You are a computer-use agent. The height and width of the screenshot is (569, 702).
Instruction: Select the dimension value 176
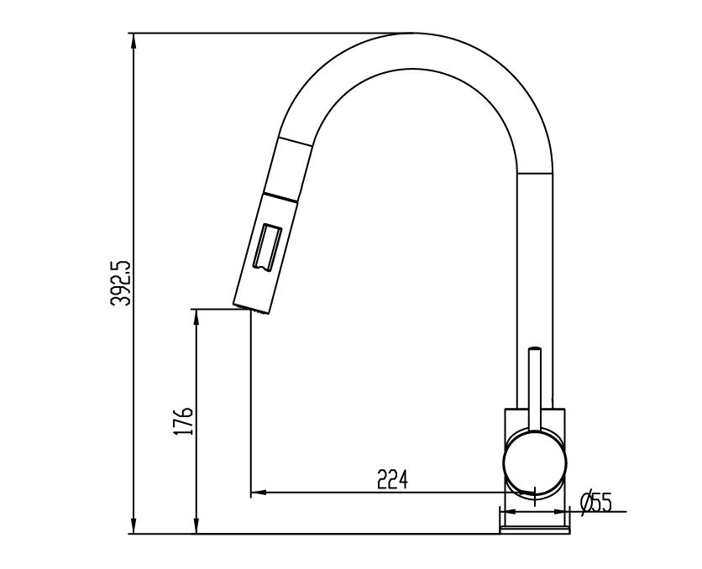(187, 421)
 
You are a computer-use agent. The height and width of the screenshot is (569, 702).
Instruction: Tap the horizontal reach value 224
(392, 479)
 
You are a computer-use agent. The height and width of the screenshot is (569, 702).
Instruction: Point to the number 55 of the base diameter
(600, 503)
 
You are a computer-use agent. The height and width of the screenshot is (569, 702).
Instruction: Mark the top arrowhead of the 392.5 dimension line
(134, 39)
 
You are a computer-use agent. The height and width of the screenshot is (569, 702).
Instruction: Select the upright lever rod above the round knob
(535, 382)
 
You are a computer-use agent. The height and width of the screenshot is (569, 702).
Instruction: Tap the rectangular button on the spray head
(266, 247)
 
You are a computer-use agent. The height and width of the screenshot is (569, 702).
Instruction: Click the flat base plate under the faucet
(535, 525)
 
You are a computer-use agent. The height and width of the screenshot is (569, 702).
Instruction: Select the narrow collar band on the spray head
(280, 197)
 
